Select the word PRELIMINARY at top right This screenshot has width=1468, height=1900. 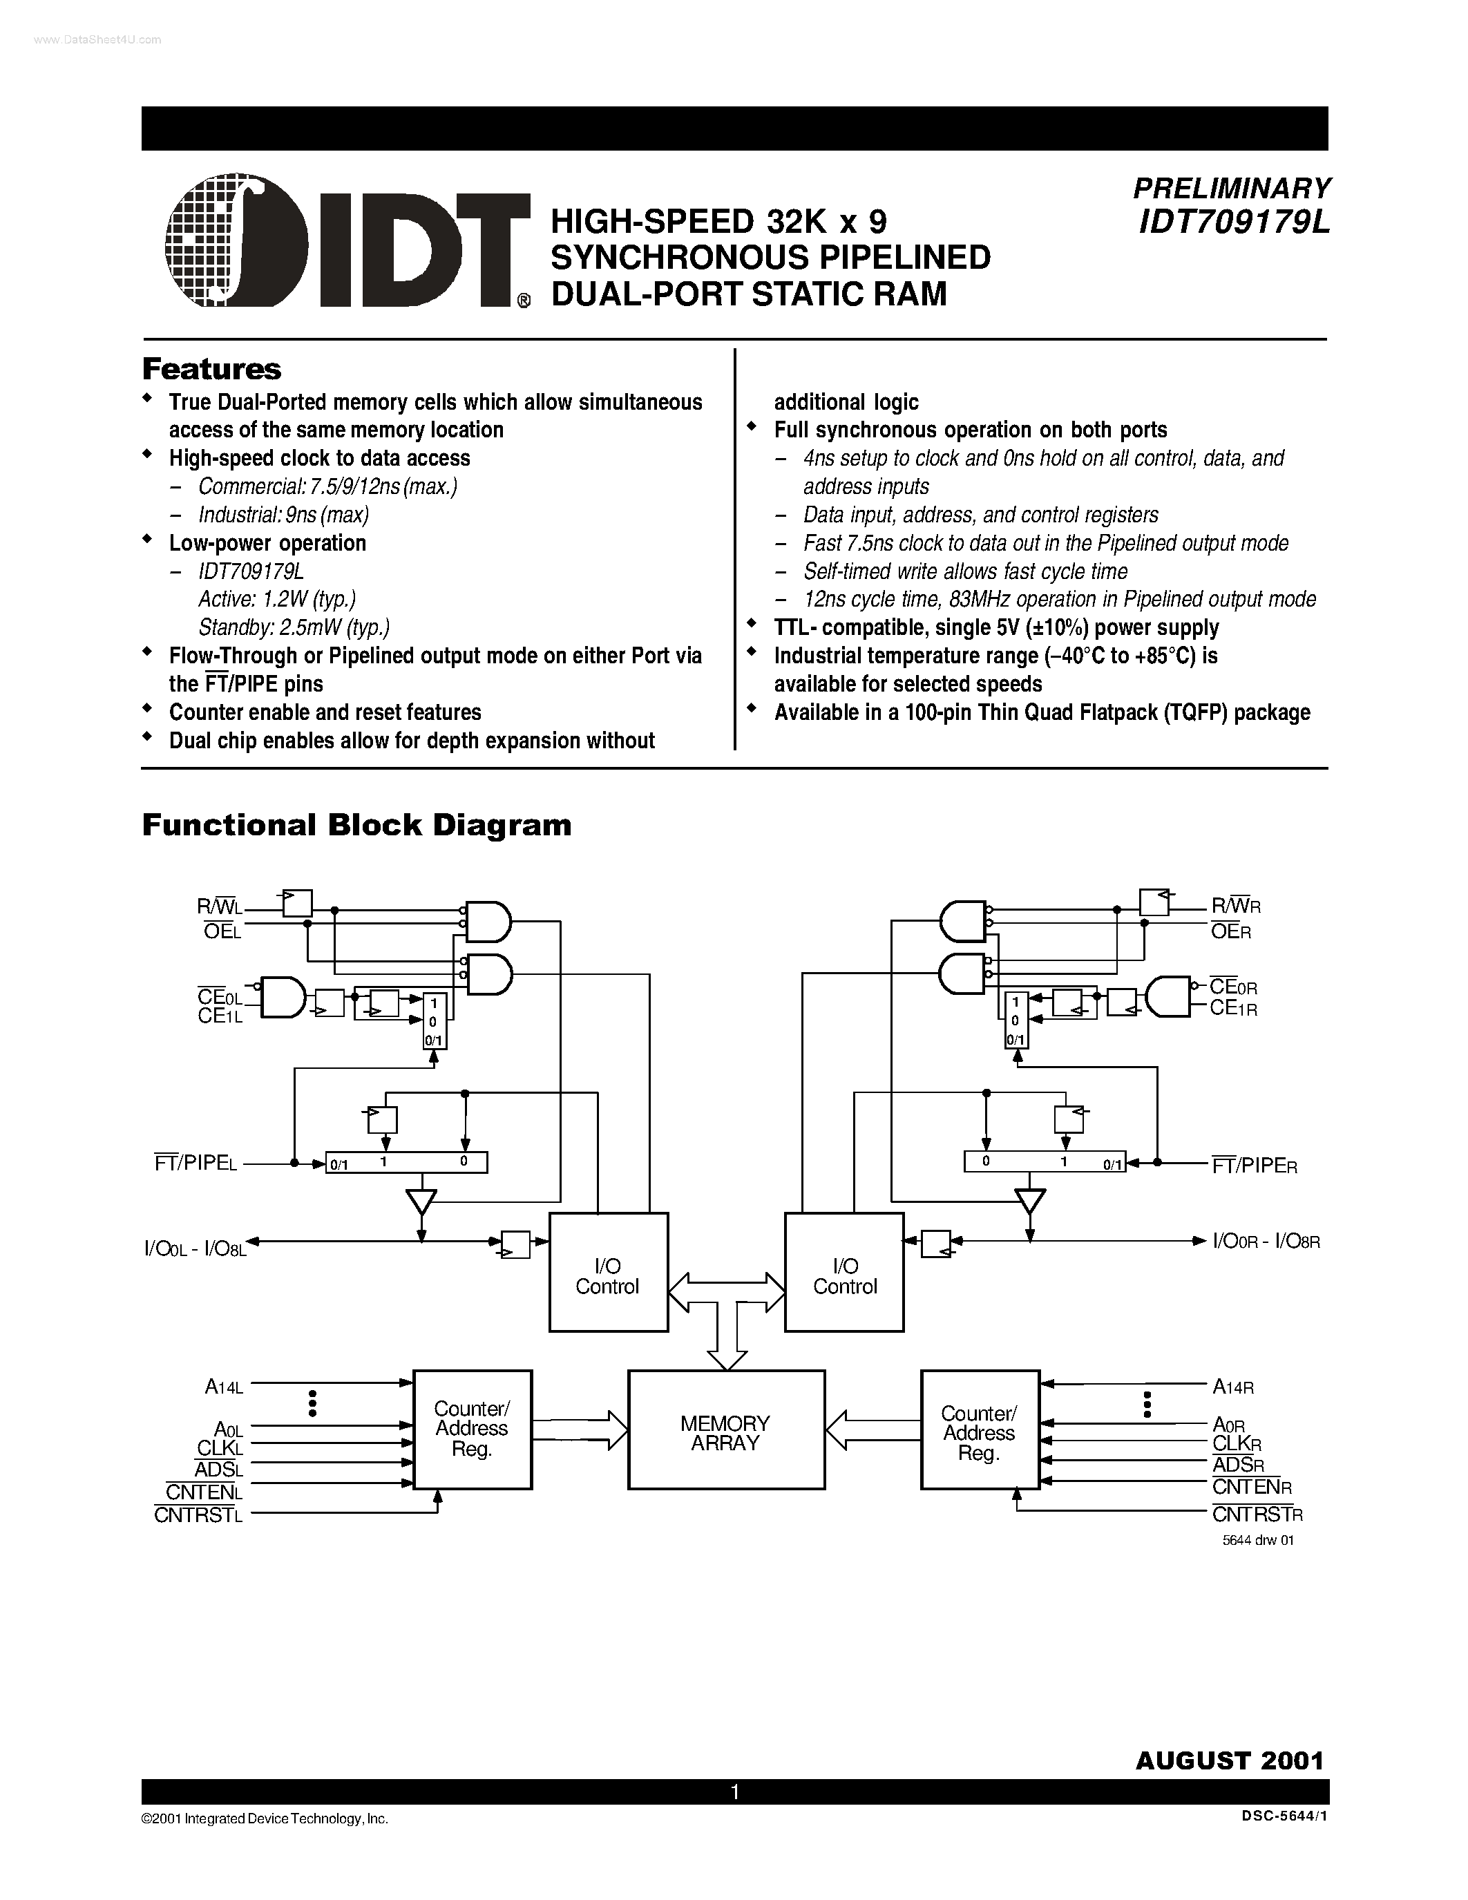(1232, 189)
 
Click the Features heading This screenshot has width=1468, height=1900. (211, 369)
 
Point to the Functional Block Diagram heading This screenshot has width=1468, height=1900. (356, 825)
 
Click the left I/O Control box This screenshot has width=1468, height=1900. (608, 1272)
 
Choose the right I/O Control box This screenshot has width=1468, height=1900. (843, 1272)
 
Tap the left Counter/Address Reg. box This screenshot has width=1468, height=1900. (471, 1429)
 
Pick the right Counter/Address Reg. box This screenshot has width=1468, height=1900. (980, 1429)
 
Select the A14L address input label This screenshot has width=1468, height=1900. (224, 1387)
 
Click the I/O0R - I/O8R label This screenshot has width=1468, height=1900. (1266, 1242)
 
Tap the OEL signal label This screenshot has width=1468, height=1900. (222, 933)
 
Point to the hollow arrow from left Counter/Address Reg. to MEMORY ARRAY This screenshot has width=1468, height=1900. (578, 1429)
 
